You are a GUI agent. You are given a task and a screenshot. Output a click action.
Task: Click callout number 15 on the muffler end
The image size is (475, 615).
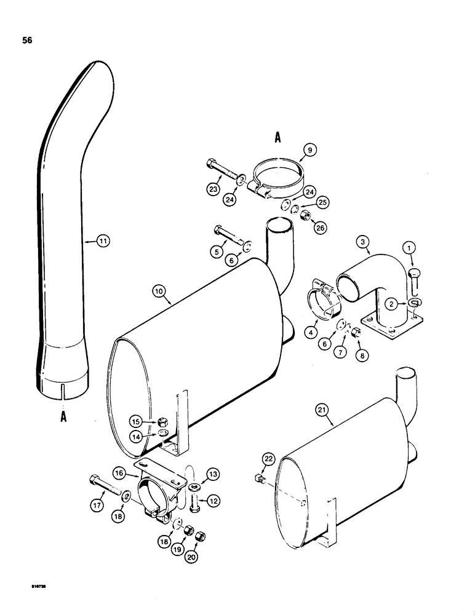[x=137, y=421]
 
